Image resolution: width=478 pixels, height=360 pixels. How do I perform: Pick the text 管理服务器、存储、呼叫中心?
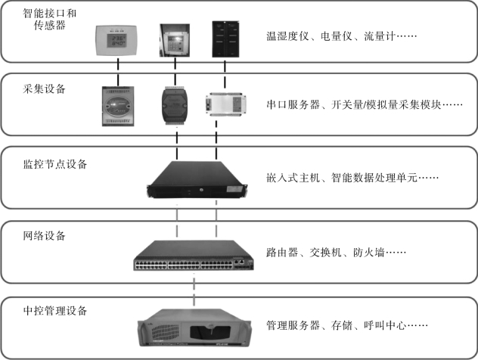[347, 327]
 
